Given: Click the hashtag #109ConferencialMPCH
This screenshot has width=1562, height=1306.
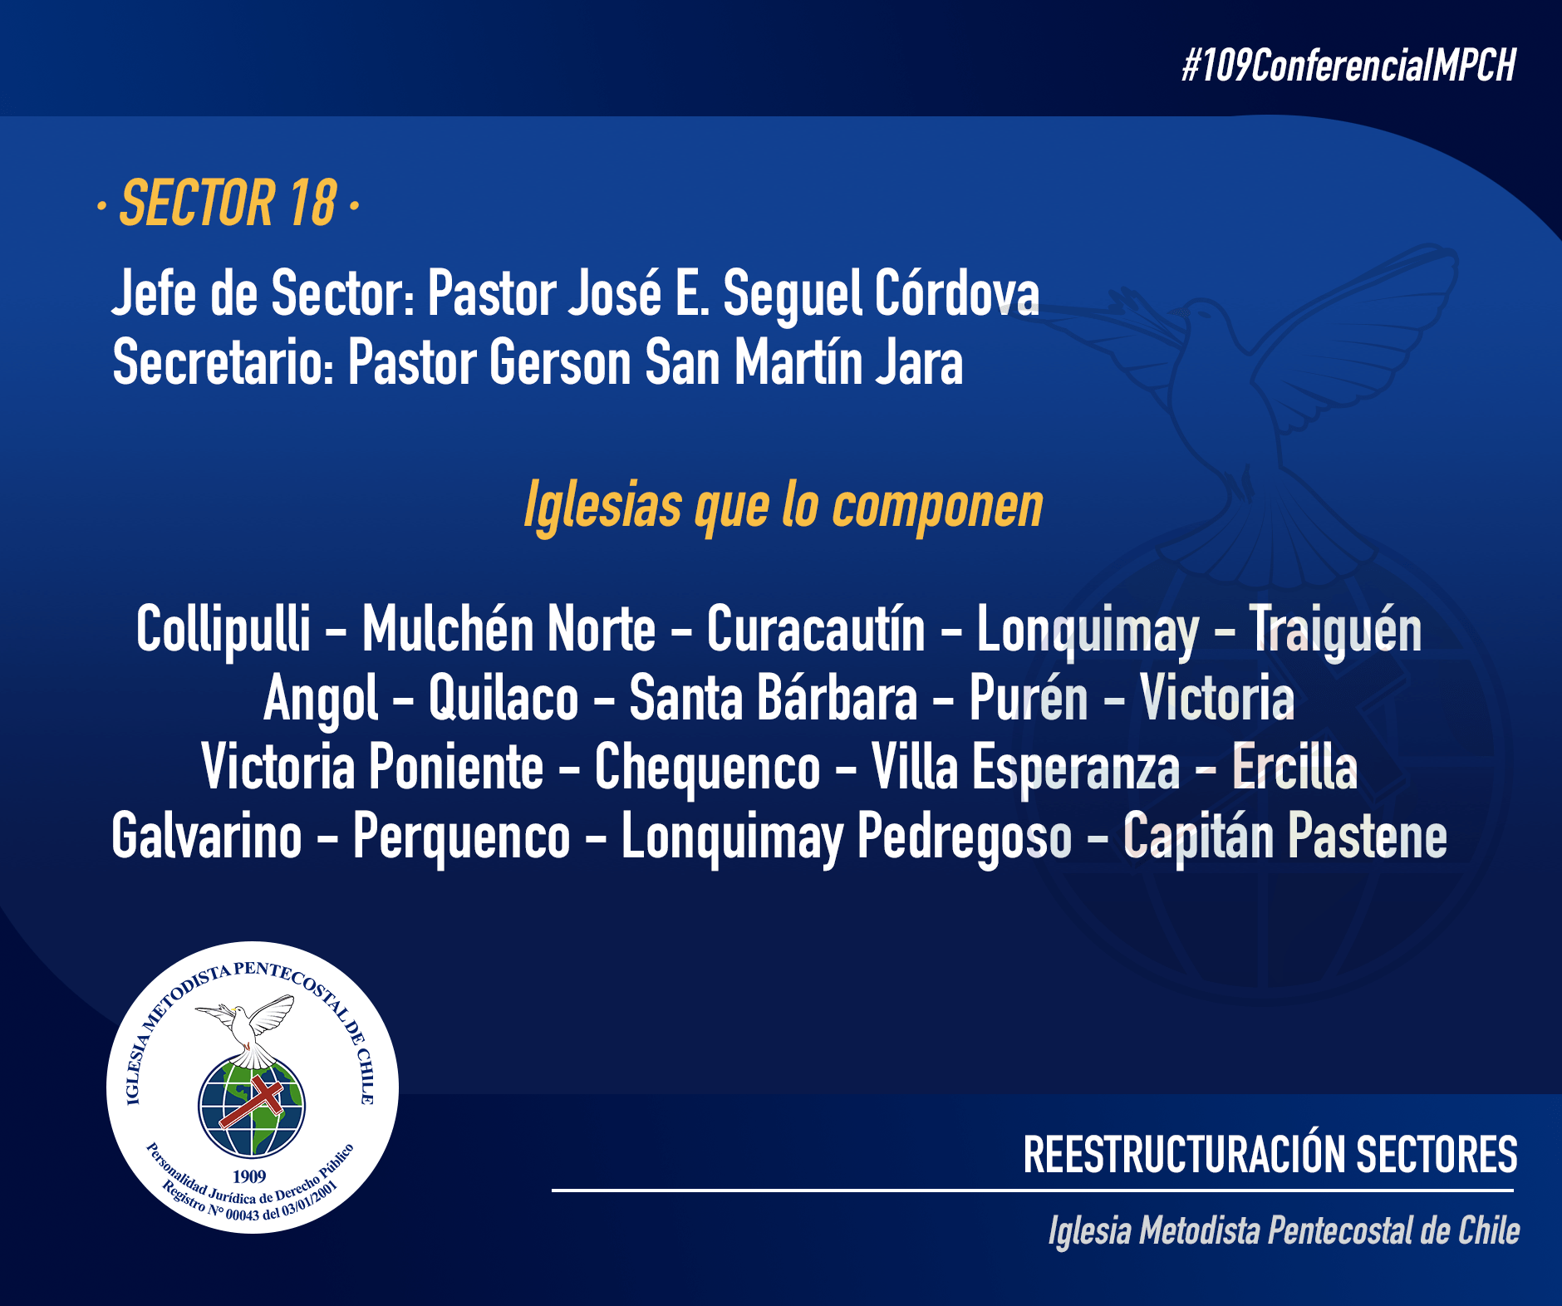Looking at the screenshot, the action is (1349, 66).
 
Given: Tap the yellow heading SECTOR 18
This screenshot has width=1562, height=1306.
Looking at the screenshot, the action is (228, 204).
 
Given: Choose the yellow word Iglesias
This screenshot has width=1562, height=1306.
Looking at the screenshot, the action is (602, 506).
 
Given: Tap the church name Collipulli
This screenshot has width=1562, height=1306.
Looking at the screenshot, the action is (223, 631).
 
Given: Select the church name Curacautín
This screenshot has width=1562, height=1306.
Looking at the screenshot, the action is (816, 629).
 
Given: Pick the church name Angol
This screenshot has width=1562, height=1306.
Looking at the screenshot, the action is (321, 700).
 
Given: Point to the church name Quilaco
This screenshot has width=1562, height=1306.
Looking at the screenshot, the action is (503, 700).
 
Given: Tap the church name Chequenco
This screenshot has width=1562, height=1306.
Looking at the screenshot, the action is (707, 768).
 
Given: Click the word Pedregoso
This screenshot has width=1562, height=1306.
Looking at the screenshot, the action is (965, 838).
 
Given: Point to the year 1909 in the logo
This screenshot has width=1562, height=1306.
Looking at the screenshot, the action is (249, 1176).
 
